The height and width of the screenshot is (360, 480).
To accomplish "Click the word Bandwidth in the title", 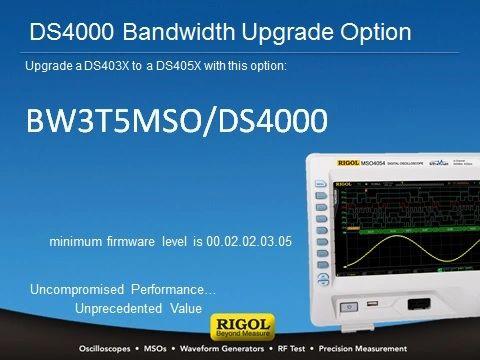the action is coord(179,32).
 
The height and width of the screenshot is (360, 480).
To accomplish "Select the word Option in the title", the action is coord(376,33).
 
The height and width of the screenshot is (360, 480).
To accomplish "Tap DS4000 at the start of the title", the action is coord(72,32).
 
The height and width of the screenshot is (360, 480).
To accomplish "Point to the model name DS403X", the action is coord(106,66).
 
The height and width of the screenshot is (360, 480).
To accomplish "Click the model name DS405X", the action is coord(179,66).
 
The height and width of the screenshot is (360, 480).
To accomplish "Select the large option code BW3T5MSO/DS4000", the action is coord(177,121).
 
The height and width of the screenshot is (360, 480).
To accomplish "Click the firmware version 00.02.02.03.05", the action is coord(249,241).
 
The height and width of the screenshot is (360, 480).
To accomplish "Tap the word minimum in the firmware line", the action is coord(76,241).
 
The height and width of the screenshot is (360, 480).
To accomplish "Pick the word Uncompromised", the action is coord(77,290).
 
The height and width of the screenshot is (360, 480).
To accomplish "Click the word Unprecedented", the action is coord(119,308).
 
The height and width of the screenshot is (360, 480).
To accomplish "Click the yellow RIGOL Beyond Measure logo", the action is coord(243,327).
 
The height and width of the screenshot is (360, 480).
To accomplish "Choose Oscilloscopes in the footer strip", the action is coord(105,349).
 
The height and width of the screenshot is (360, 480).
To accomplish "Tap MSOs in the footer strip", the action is coord(155,349).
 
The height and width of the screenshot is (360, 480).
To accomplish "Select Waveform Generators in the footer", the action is coord(222,349).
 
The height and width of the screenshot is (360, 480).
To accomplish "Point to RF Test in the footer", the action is coord(291,349).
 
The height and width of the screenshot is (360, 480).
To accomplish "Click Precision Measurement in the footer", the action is coord(363,349).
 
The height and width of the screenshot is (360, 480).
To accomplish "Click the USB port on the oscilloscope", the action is coord(372,304).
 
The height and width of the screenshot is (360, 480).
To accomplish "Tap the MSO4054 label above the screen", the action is coord(373,163).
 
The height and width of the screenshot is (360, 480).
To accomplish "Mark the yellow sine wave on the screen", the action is coord(411,251).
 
